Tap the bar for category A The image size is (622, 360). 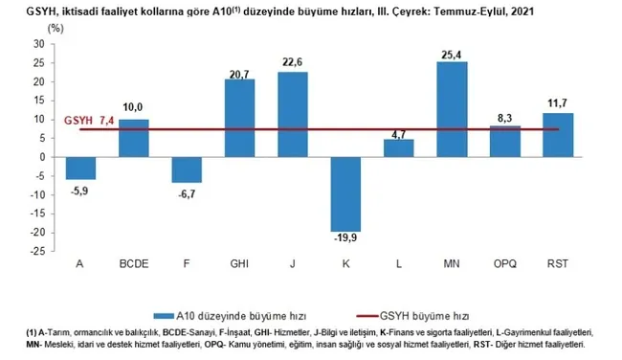[80, 168]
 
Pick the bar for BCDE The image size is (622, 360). [134, 138]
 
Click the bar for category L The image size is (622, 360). [398, 147]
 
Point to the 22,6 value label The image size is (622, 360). [293, 64]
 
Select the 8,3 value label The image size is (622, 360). [504, 118]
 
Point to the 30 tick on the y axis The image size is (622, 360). [38, 44]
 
